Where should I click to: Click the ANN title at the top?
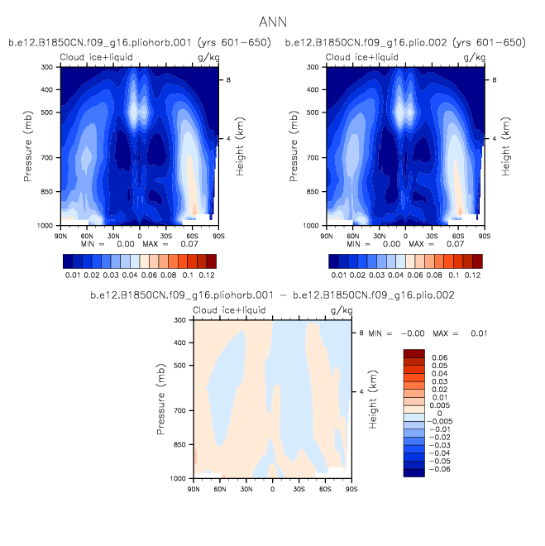(273, 21)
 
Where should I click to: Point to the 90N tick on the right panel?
(327, 235)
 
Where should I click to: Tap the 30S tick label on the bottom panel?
(299, 489)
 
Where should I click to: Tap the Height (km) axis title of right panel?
(504, 146)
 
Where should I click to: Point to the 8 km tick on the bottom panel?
(361, 333)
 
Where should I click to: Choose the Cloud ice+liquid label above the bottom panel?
(232, 310)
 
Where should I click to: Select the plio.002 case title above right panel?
(405, 42)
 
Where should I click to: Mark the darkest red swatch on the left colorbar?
(212, 261)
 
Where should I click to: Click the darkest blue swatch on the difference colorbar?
(413, 471)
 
